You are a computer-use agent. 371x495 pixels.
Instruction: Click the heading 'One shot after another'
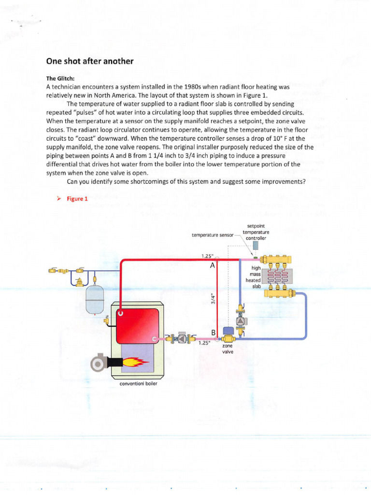pos(89,61)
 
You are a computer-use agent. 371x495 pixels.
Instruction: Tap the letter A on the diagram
pos(212,265)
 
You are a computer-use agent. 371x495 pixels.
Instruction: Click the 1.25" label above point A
pos(207,256)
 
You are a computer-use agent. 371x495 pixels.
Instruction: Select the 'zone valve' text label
pos(227,349)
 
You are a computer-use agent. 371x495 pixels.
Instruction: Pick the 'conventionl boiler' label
pos(138,384)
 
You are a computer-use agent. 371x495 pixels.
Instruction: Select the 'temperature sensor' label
pos(212,235)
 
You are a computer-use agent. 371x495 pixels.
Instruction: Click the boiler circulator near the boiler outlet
pos(182,339)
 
